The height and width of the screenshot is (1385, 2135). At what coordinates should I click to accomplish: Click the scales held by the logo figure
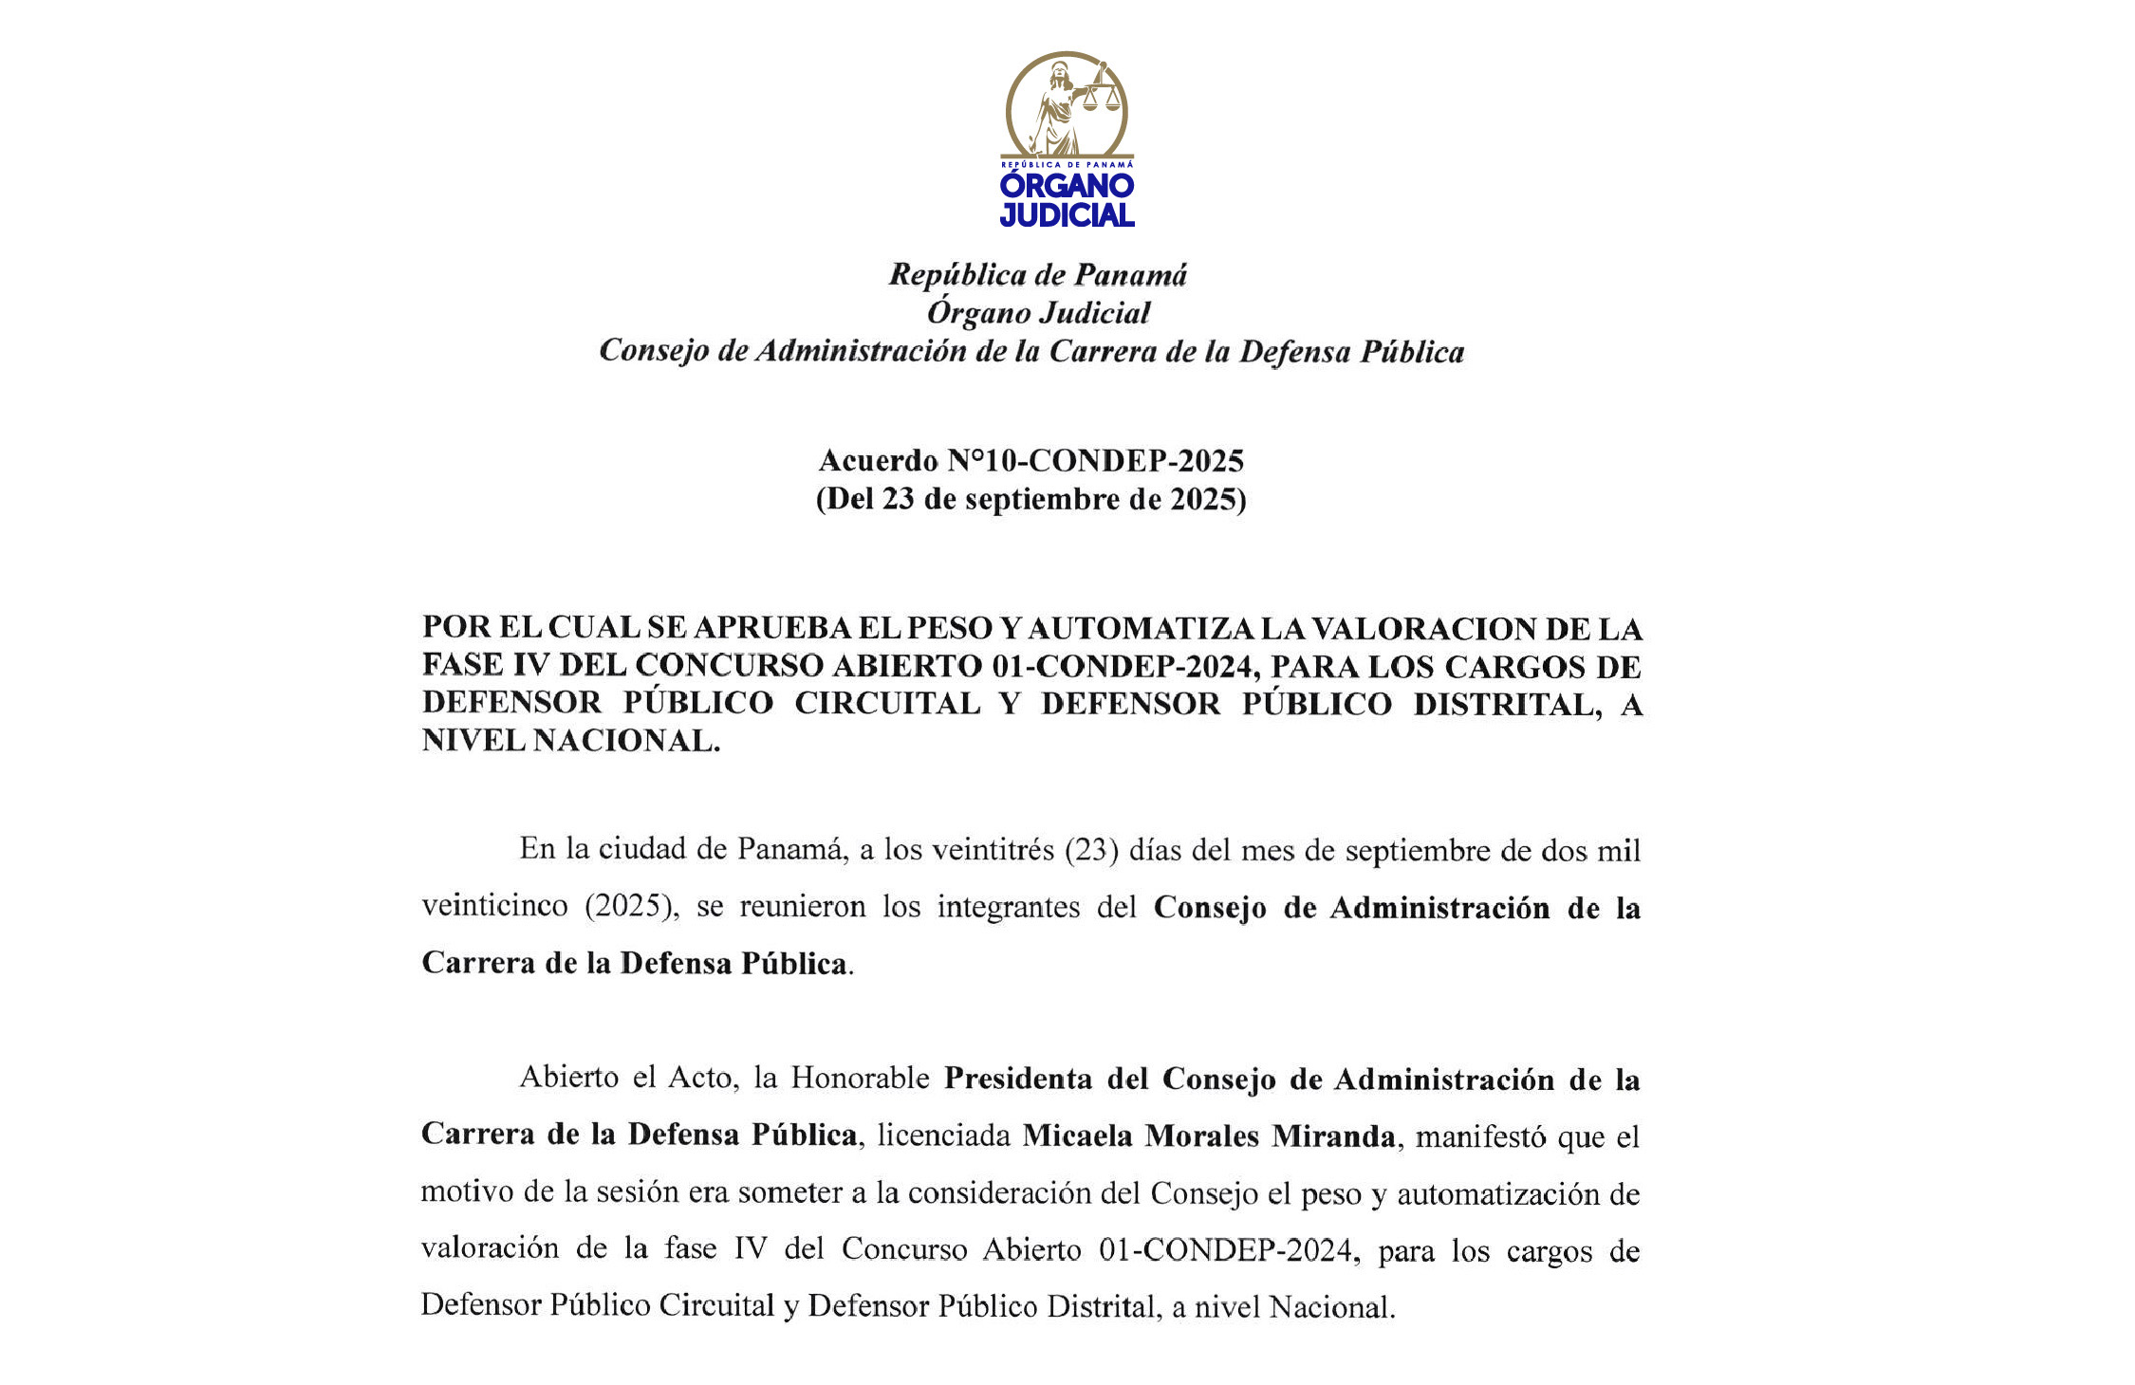click(1101, 95)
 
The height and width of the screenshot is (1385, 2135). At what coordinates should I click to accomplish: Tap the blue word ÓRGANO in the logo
click(1067, 186)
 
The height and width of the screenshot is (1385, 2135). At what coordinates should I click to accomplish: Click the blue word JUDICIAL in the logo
click(1067, 215)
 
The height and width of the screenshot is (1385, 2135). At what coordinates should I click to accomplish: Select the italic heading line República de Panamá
click(1037, 275)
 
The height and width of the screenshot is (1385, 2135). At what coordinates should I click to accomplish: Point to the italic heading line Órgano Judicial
click(1038, 313)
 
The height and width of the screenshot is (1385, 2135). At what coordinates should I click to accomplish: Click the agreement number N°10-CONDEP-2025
click(1095, 461)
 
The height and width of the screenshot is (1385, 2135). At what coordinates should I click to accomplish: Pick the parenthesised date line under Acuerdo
click(1031, 499)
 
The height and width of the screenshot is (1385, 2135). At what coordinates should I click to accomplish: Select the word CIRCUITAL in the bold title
click(887, 703)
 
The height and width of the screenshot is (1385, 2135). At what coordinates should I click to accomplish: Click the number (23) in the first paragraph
click(1090, 849)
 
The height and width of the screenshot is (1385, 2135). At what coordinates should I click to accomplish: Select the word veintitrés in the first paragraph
click(993, 849)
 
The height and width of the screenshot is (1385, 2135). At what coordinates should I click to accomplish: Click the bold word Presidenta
click(1044, 1079)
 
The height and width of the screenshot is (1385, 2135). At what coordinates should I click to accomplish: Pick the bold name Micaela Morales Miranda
click(1208, 1136)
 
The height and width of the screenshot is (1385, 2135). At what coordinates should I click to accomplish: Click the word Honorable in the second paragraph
click(860, 1079)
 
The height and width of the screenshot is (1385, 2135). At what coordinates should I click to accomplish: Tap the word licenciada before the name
click(943, 1136)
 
